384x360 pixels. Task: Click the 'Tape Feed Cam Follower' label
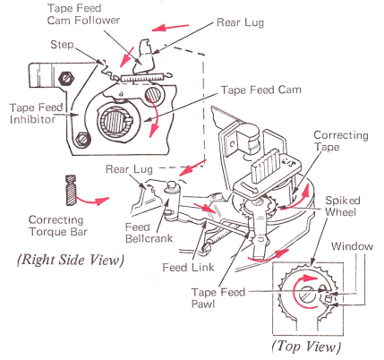click(x=83, y=14)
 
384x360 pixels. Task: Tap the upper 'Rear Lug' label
click(x=240, y=22)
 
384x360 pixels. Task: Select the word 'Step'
click(x=62, y=45)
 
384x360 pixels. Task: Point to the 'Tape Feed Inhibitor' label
click(x=36, y=114)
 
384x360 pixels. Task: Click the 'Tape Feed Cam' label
click(x=260, y=90)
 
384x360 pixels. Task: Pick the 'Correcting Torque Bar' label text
click(x=58, y=226)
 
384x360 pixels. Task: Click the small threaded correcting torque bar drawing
click(x=71, y=190)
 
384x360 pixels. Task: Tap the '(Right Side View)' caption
click(x=71, y=260)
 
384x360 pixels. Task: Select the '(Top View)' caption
click(x=306, y=347)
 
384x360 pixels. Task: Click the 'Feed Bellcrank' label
click(x=149, y=233)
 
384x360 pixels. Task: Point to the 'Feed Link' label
click(x=188, y=267)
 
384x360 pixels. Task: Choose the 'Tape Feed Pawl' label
click(x=218, y=297)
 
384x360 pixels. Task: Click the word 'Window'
click(x=352, y=246)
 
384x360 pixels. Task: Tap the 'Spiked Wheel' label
click(x=343, y=206)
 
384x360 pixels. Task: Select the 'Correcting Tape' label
click(x=341, y=141)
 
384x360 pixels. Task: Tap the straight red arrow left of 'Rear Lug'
click(x=171, y=28)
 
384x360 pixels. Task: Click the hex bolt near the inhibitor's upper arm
click(x=66, y=78)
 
